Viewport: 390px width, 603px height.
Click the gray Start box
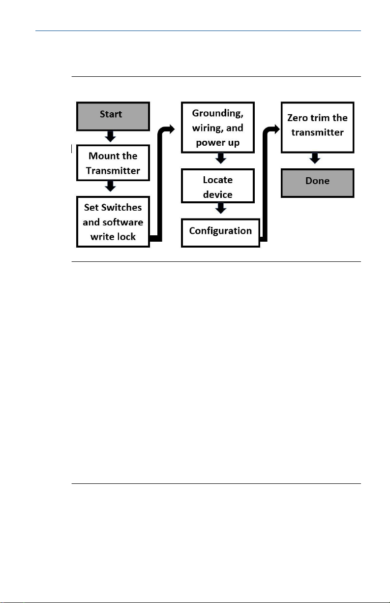click(x=113, y=116)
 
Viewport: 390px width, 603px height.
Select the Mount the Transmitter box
click(x=113, y=163)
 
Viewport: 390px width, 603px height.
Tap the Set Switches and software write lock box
click(x=113, y=222)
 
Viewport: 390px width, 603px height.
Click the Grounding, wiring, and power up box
click(x=218, y=127)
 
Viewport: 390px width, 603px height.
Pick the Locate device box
click(x=218, y=186)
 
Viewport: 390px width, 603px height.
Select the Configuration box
click(x=220, y=233)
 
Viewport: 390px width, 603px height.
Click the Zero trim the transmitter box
click(x=317, y=127)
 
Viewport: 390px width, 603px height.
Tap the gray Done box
click(x=317, y=183)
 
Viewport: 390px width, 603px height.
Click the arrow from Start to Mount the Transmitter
click(x=110, y=136)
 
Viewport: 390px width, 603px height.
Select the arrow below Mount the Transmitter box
click(x=110, y=186)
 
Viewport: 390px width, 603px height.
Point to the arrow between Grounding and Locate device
click(x=221, y=159)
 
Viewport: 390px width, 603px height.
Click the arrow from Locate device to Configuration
click(x=221, y=208)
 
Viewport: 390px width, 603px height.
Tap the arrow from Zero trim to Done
click(x=315, y=159)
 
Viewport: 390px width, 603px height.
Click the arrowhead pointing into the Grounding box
click(x=171, y=129)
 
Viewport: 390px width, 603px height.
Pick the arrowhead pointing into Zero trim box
click(x=276, y=129)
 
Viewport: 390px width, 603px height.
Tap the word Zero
click(x=297, y=118)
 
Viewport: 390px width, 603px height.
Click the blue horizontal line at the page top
click(x=198, y=31)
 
